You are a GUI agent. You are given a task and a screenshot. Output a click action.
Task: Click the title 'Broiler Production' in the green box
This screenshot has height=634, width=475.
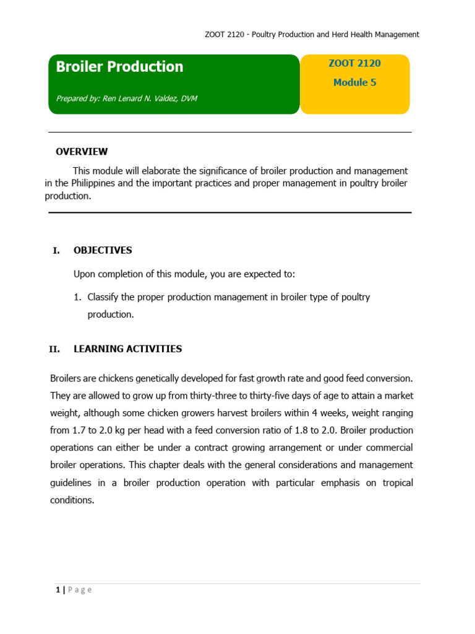click(x=119, y=67)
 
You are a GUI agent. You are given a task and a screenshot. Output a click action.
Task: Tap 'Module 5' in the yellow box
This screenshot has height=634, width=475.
click(x=354, y=82)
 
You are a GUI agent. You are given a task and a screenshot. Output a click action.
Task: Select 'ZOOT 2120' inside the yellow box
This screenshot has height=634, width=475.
click(x=354, y=63)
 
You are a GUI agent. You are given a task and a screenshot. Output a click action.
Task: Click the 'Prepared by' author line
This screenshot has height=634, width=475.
click(x=126, y=98)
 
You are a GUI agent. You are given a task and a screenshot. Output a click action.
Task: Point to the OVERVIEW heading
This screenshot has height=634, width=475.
click(x=82, y=152)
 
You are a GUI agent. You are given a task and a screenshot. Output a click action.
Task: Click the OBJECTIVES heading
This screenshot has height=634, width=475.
click(x=103, y=251)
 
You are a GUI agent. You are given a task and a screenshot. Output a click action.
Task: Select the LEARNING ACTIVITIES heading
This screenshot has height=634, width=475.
click(x=127, y=349)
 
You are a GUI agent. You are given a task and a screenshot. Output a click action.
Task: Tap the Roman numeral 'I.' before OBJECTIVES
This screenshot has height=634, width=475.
click(x=56, y=251)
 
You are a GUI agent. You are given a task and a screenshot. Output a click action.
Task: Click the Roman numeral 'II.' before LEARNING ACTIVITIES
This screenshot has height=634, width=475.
click(x=54, y=349)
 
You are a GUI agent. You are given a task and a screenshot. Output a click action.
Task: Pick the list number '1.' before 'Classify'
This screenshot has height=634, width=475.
click(x=78, y=297)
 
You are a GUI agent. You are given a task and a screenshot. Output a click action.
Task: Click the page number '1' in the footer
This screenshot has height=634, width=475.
click(x=57, y=590)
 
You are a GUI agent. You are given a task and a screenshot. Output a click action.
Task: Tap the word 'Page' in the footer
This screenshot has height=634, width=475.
click(x=80, y=590)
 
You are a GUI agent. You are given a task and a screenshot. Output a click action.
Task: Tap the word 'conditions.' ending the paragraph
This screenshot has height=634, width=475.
click(x=72, y=500)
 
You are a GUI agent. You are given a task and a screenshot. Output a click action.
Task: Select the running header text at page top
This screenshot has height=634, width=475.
click(x=312, y=35)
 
